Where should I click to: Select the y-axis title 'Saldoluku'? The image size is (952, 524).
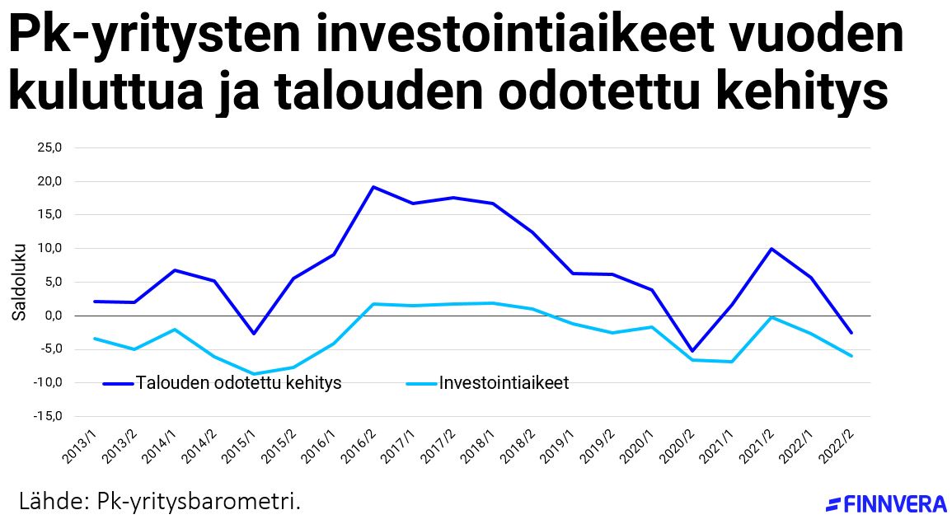[19, 282]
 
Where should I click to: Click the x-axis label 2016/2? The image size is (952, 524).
[359, 445]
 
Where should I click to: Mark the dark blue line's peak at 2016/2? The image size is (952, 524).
[373, 187]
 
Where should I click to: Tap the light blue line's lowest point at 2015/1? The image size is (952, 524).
[255, 374]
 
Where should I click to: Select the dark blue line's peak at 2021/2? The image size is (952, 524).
[771, 249]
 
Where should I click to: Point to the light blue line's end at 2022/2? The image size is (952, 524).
[851, 356]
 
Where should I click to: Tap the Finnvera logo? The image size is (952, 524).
[886, 504]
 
